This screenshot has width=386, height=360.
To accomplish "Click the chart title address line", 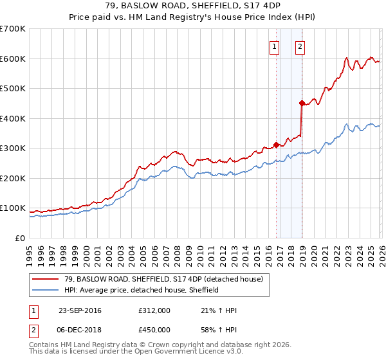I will [x=193, y=6].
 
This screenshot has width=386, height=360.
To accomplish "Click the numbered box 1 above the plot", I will [x=275, y=46].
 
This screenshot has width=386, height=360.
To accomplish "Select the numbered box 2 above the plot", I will [x=300, y=46].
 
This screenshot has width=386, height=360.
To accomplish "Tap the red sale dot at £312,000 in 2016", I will [x=277, y=145].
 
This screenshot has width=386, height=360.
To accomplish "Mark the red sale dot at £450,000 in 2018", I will [x=302, y=103].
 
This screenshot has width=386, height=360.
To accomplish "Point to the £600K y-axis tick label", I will [x=12, y=59].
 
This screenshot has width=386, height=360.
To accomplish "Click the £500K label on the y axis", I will [x=12, y=89].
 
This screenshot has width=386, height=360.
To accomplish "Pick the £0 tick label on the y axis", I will [x=21, y=239].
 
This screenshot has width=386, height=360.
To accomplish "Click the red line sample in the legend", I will [x=46, y=280].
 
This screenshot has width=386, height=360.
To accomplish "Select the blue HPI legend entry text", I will [x=142, y=290].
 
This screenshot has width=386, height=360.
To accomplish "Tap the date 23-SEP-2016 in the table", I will [x=80, y=310].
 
